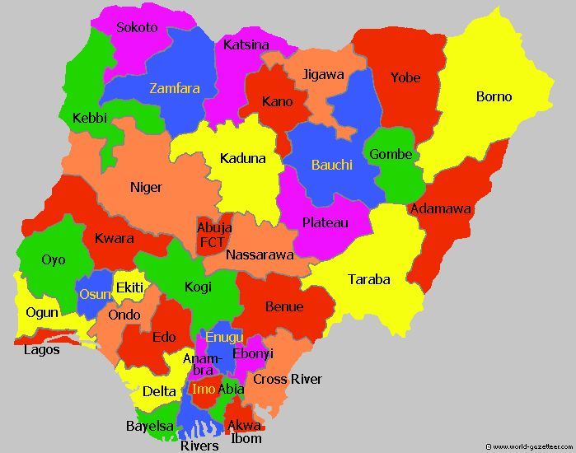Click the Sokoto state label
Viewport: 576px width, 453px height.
(137, 27)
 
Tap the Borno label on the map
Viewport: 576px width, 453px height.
(494, 96)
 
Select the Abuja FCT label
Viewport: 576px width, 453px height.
(213, 235)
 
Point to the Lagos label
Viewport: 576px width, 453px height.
(42, 349)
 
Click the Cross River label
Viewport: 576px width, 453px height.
(287, 379)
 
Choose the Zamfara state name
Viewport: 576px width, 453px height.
(174, 88)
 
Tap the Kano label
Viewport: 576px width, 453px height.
(277, 102)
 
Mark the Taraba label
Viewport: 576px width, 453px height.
(368, 279)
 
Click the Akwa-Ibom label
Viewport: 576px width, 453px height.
(245, 432)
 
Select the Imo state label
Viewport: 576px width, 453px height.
(204, 389)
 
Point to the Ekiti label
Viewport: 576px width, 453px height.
(129, 287)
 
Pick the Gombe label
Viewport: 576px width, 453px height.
(391, 154)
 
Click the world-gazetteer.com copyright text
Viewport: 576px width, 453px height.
(530, 446)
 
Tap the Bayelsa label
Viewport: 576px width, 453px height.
(150, 426)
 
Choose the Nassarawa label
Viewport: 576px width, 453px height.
(260, 255)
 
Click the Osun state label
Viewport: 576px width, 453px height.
(91, 294)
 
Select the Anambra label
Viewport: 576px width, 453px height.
(203, 364)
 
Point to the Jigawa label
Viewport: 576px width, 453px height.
(323, 74)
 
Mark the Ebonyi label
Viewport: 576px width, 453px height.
(253, 353)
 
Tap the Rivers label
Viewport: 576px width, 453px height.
(199, 446)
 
